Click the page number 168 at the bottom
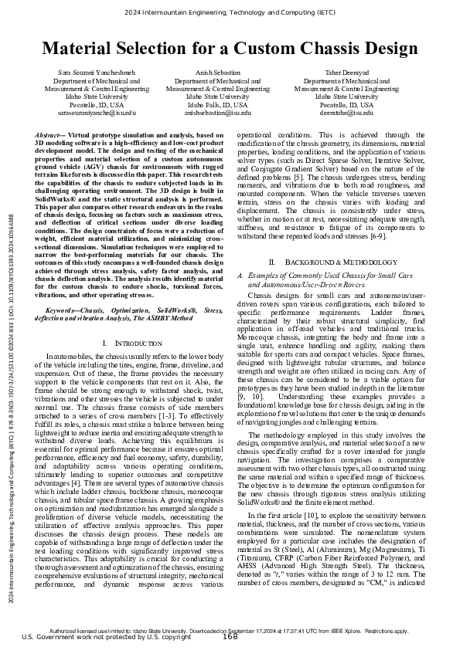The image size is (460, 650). [230, 637]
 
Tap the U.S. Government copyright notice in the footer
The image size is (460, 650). [106, 637]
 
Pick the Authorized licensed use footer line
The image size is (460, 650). [230, 629]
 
